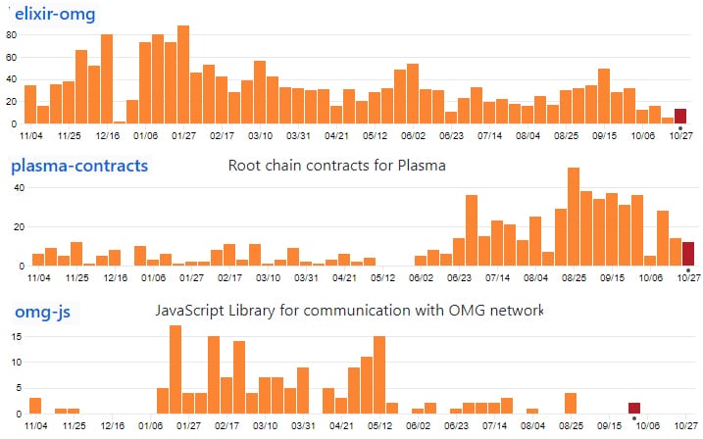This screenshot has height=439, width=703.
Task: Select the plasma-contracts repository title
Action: tap(79, 166)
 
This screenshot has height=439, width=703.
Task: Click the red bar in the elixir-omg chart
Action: tap(680, 116)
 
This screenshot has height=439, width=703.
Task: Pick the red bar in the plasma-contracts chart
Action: tap(688, 254)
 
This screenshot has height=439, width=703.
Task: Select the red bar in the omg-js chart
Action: tap(634, 408)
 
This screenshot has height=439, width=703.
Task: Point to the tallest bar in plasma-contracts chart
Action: tap(573, 217)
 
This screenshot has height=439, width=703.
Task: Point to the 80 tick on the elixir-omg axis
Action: tap(13, 34)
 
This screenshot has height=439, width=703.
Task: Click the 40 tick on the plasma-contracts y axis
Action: tap(17, 187)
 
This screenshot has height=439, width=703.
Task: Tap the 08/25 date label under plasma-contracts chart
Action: tap(573, 278)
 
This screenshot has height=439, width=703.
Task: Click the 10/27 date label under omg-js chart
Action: tap(686, 426)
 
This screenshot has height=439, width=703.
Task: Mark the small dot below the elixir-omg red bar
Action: tap(680, 127)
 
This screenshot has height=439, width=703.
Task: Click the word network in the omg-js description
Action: tap(511, 311)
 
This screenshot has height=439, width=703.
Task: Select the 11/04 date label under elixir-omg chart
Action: tap(30, 137)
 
